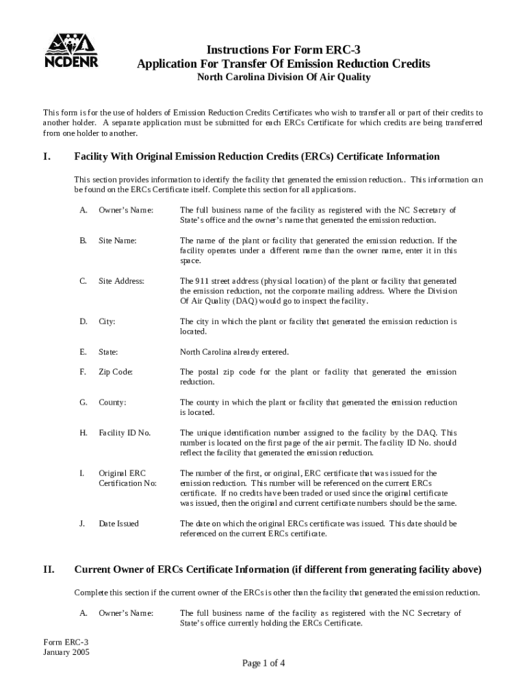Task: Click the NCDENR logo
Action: coord(71,50)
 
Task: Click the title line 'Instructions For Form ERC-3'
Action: coord(283,49)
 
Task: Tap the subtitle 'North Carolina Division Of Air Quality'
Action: coord(283,77)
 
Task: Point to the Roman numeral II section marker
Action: coord(49,569)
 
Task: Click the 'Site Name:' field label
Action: coord(118,241)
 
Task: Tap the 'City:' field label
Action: coord(107,321)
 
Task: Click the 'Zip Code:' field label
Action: coord(116,372)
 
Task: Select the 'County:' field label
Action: coord(112,403)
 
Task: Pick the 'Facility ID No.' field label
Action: coord(125,433)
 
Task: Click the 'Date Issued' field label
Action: coord(118,524)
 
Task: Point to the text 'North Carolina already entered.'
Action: coord(234,352)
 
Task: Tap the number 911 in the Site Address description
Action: coord(201,281)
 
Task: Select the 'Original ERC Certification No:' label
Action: coord(127,478)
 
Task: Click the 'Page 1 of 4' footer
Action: coord(263,663)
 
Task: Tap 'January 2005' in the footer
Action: coord(66,652)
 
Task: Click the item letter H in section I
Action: coord(83,433)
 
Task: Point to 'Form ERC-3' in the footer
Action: coord(66,643)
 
